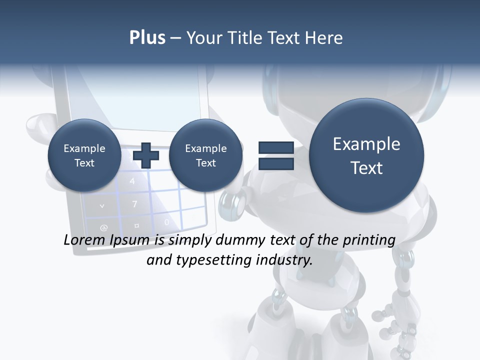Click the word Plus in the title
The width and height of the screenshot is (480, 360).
(x=147, y=38)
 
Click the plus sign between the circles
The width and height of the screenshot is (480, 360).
(x=146, y=155)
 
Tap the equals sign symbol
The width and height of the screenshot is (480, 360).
(x=276, y=155)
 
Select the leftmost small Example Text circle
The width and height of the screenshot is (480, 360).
(x=84, y=155)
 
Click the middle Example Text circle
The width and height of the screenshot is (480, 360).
(x=205, y=155)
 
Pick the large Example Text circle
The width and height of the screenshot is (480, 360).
(x=366, y=155)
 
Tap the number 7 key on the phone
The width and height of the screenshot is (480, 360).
(x=134, y=204)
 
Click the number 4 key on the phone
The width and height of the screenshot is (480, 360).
(x=132, y=181)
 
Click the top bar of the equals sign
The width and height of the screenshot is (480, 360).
(x=276, y=147)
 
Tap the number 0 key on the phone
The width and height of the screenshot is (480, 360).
(x=167, y=222)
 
